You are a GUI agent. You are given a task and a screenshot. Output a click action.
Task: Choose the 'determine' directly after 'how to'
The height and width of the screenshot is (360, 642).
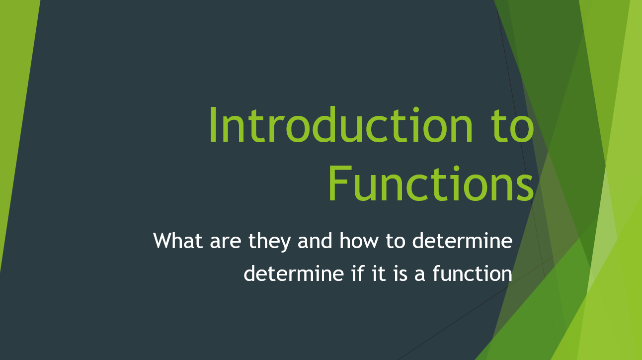coord(462,241)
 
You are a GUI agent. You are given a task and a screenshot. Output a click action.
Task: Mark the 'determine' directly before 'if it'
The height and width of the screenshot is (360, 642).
coord(293,274)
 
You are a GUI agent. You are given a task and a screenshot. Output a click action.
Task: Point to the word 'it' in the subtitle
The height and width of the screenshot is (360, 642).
coord(378,273)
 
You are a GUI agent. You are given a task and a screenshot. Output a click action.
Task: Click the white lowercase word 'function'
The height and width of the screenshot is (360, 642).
coord(472,274)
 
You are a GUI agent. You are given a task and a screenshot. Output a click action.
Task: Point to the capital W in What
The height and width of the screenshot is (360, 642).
coord(163,241)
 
